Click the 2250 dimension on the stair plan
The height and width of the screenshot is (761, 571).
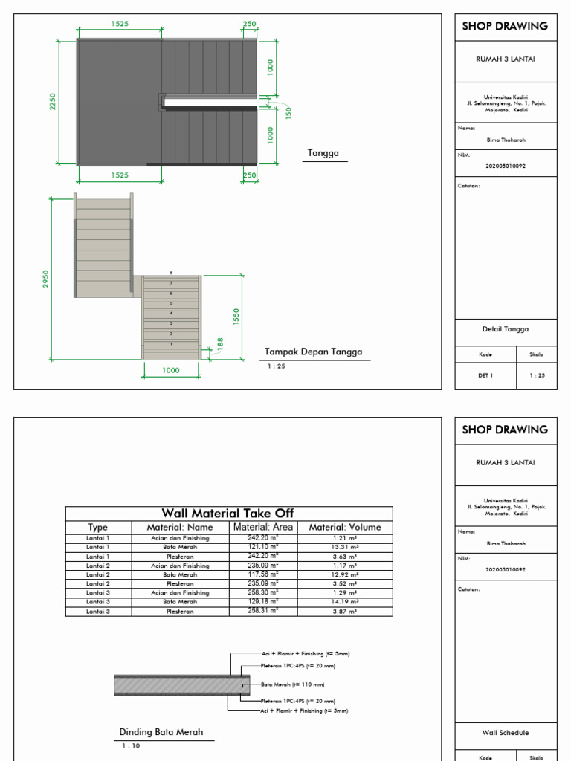click(53, 101)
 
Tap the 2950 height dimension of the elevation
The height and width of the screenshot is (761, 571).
click(45, 279)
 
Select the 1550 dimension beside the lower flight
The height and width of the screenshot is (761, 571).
click(236, 317)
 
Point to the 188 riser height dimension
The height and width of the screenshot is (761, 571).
click(219, 345)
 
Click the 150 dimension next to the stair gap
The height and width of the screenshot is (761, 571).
click(289, 112)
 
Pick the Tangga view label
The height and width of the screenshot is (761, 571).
click(323, 154)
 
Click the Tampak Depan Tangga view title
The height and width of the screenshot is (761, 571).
click(314, 352)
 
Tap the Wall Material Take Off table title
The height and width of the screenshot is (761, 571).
click(228, 514)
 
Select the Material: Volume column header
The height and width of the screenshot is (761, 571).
click(345, 528)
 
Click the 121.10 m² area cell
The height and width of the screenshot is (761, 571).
click(263, 547)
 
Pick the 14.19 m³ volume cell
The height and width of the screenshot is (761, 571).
click(344, 602)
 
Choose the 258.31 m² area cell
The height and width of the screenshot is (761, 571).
click(263, 611)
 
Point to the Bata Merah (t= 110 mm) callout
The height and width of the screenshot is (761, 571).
click(293, 684)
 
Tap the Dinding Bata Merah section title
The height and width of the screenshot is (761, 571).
click(161, 732)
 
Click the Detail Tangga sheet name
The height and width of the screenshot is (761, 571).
click(505, 329)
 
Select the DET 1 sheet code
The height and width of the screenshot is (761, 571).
click(485, 375)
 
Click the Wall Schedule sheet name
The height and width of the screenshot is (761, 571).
click(505, 733)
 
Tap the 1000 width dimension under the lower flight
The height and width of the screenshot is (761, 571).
click(171, 370)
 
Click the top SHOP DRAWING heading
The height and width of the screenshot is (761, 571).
click(505, 26)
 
